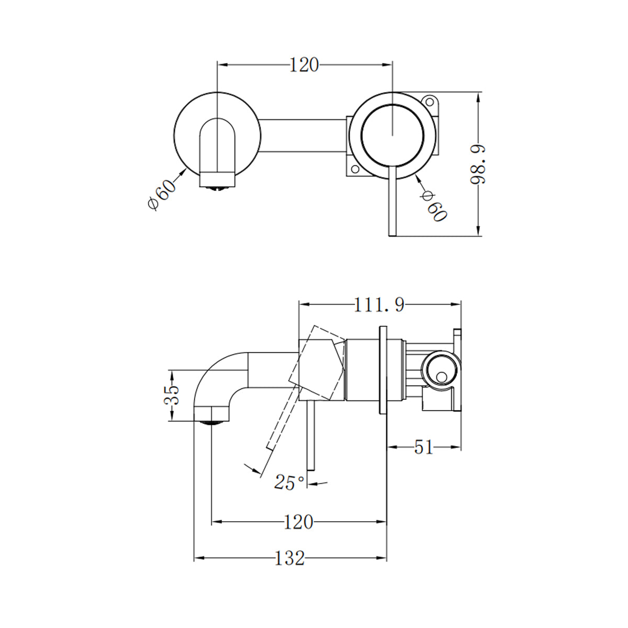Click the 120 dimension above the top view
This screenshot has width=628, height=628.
304,65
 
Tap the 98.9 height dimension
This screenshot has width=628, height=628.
478,164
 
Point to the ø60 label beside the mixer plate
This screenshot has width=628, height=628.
434,206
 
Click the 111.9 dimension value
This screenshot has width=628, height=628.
379,305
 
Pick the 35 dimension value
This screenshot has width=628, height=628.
172,395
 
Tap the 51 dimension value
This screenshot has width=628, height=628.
423,447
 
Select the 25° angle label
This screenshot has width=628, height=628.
289,482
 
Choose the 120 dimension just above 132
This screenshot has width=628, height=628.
298,522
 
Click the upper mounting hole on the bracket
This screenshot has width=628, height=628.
430,100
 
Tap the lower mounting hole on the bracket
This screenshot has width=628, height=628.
354,170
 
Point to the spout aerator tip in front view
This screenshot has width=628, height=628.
218,184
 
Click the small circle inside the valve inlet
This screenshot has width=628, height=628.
442,376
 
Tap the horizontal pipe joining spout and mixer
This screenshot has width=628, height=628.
304,136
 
